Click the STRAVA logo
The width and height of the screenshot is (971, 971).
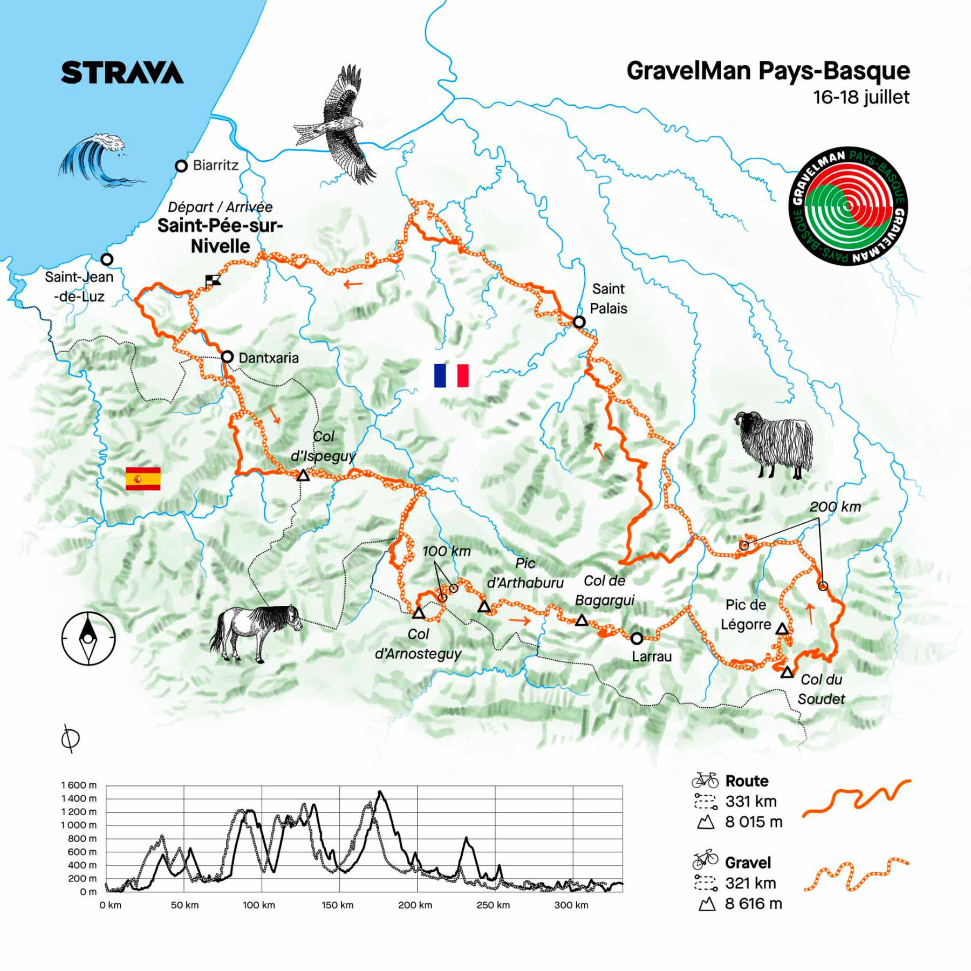pyautogui.click(x=122, y=72)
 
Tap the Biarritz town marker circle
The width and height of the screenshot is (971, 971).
pyautogui.click(x=181, y=166)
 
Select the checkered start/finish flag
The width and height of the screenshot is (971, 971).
pyautogui.click(x=213, y=280)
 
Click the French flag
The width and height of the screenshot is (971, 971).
pyautogui.click(x=451, y=375)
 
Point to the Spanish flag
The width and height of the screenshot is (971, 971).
pyautogui.click(x=143, y=478)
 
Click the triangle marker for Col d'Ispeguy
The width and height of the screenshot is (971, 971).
pyautogui.click(x=303, y=475)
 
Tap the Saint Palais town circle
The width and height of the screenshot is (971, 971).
pyautogui.click(x=579, y=322)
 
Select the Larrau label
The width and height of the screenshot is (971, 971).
pyautogui.click(x=652, y=657)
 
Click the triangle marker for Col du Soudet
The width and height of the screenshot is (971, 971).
pyautogui.click(x=787, y=672)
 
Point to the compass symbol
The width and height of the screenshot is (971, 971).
pyautogui.click(x=88, y=638)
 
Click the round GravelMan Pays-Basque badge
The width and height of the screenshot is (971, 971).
pyautogui.click(x=848, y=206)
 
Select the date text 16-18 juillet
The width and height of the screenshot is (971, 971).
pyautogui.click(x=861, y=97)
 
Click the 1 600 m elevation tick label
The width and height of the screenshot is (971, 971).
pyautogui.click(x=79, y=785)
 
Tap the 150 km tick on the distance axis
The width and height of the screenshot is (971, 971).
pyautogui.click(x=338, y=905)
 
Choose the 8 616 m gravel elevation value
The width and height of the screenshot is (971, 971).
pyautogui.click(x=753, y=904)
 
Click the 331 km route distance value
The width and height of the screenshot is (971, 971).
pyautogui.click(x=751, y=802)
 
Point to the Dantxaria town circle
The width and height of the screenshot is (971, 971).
pyautogui.click(x=228, y=357)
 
